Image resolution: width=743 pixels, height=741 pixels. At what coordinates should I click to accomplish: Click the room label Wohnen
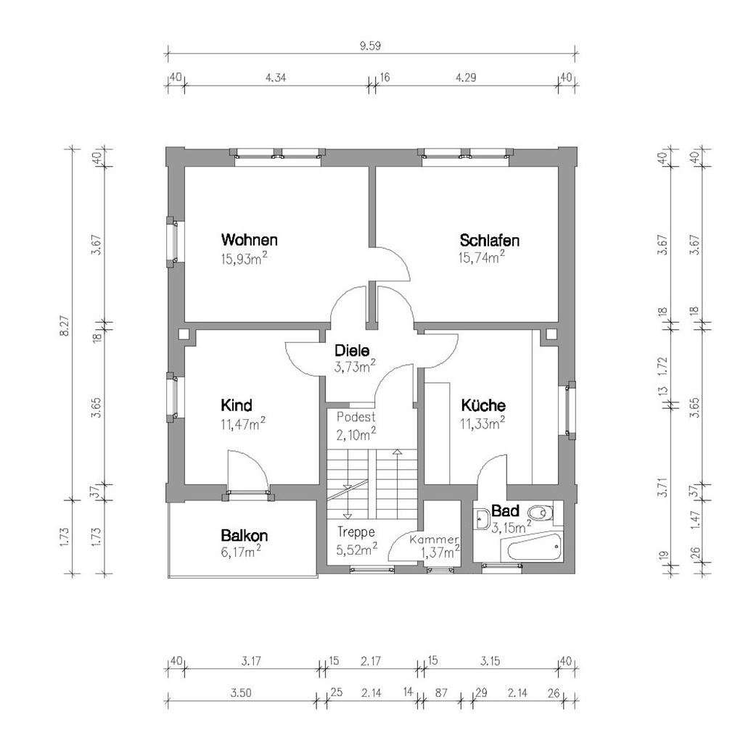[x=250, y=240]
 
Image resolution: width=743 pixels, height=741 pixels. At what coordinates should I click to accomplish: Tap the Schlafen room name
[x=489, y=240]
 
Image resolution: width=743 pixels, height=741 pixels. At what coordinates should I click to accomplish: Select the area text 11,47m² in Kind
[x=242, y=424]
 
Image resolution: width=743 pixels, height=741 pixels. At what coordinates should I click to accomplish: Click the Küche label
[x=483, y=405]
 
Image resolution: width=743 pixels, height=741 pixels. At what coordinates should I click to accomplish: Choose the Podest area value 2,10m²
[x=356, y=434]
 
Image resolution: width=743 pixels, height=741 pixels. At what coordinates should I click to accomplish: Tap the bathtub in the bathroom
[x=534, y=547]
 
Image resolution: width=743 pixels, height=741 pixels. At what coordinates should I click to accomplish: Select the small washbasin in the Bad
[x=482, y=518]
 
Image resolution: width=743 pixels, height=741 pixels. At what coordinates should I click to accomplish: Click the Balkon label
[x=245, y=536]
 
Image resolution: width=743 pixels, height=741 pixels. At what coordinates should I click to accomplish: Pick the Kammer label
[x=434, y=540]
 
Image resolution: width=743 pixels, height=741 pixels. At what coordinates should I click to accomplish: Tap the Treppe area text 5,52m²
[x=356, y=550]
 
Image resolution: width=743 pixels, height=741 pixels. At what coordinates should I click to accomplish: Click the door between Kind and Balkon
[x=248, y=492]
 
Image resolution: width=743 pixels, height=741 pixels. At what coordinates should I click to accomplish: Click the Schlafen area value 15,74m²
[x=482, y=257]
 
